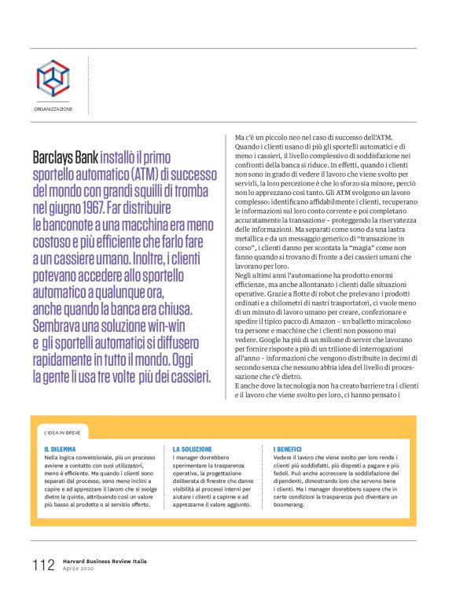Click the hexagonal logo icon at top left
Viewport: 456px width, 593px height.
click(x=53, y=78)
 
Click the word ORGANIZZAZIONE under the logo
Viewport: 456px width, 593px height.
click(x=53, y=109)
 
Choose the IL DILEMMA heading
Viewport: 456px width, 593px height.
click(x=60, y=448)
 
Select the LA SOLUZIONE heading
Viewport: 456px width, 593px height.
click(x=192, y=448)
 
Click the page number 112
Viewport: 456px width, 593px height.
click(x=43, y=564)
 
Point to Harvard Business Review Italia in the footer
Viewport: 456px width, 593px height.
click(x=105, y=561)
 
